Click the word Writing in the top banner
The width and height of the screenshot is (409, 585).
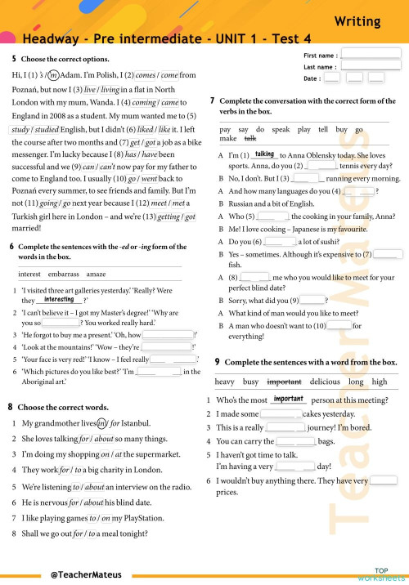357,21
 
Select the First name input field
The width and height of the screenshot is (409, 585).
371,54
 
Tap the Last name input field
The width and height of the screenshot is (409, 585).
371,66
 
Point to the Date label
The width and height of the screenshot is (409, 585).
312,78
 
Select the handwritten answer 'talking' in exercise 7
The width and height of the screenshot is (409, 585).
264,154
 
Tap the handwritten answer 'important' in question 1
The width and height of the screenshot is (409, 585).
289,400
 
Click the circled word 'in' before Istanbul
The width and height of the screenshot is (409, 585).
102,422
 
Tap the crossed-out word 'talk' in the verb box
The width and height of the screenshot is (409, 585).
250,140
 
